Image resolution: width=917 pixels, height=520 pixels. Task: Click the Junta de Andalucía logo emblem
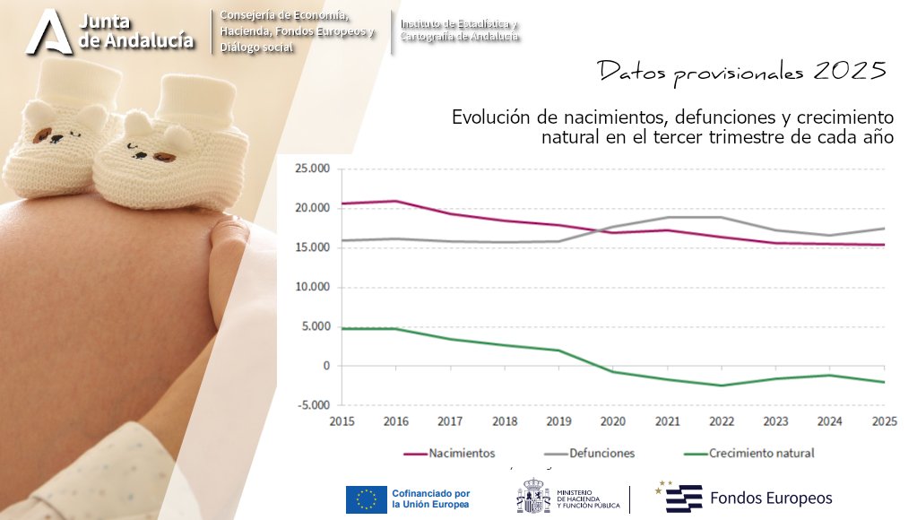click(48, 32)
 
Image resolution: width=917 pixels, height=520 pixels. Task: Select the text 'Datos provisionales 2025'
click(741, 72)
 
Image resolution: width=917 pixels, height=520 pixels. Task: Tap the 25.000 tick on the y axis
click(313, 169)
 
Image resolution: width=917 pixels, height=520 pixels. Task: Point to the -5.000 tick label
click(314, 405)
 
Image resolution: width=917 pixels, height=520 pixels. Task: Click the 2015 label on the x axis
click(342, 420)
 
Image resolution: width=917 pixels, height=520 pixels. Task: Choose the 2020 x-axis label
click(613, 420)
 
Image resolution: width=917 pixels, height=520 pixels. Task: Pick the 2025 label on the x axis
click(884, 420)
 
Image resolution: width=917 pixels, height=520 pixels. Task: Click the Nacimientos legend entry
click(461, 453)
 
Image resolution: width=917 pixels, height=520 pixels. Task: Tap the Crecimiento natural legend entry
click(760, 453)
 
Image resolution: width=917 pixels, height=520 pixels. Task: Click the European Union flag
click(366, 499)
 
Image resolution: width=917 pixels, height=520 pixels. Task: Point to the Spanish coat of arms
click(532, 498)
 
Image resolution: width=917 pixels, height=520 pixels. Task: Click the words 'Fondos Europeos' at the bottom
click(771, 498)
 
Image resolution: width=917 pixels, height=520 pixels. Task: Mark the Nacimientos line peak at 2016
click(396, 201)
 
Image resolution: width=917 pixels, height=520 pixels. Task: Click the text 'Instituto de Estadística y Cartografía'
click(460, 30)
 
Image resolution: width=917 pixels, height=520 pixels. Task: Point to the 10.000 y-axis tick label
click(313, 287)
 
